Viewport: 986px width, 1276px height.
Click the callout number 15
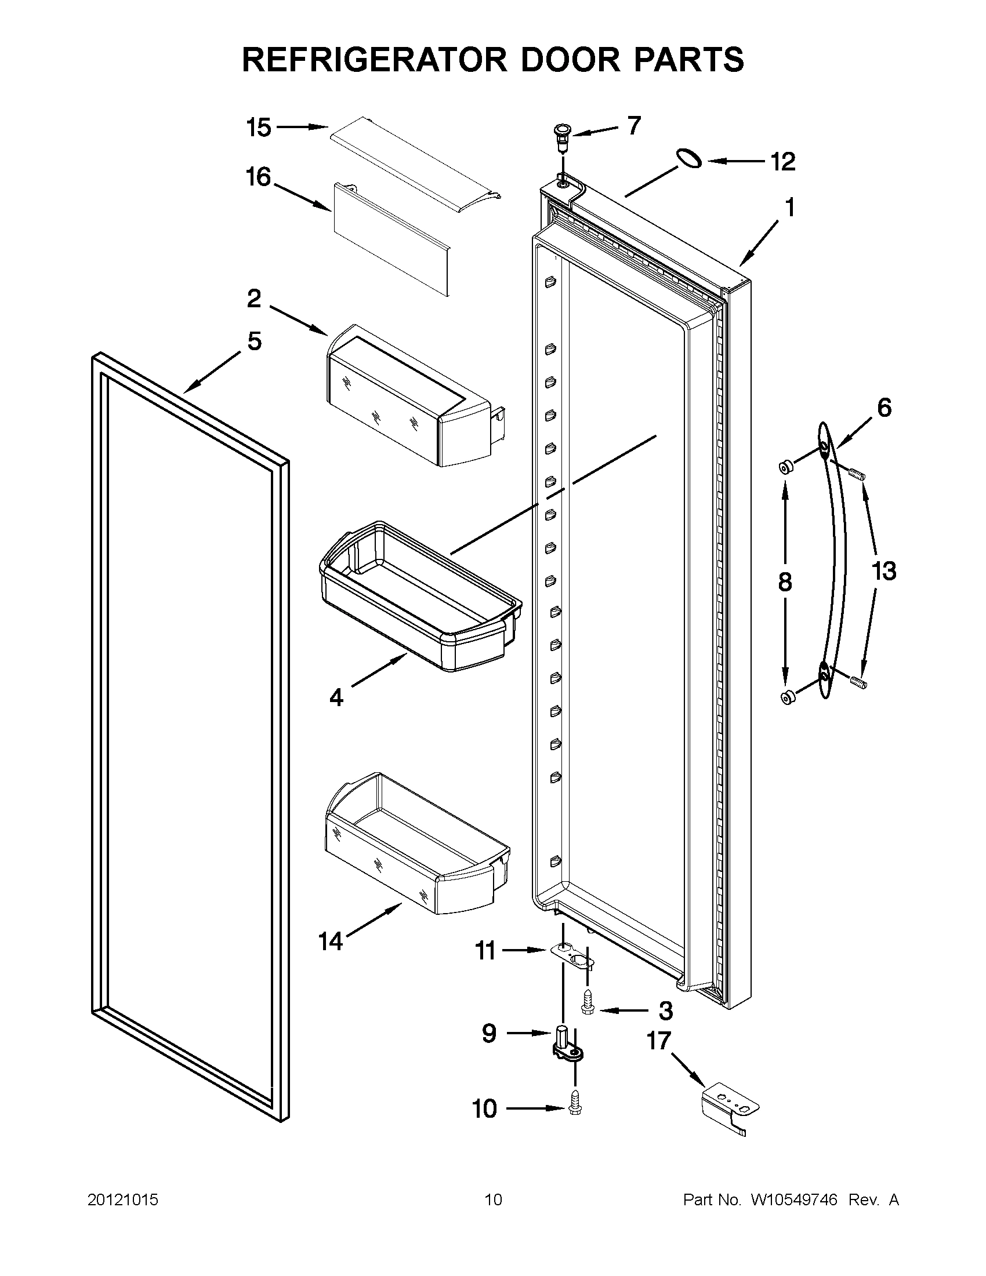(258, 128)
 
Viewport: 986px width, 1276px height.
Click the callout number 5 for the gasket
(254, 341)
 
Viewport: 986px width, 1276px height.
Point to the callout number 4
(336, 697)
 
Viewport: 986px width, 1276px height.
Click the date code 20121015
(123, 1200)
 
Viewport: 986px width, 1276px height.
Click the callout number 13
(883, 571)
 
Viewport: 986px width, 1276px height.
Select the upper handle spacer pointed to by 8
(786, 467)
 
